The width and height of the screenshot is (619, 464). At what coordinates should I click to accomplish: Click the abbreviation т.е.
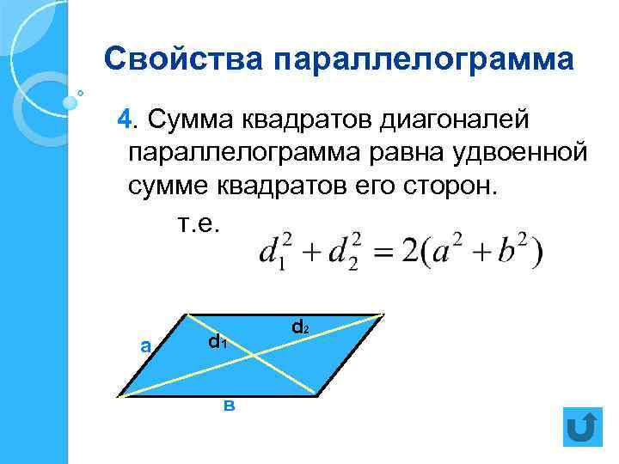coord(199,223)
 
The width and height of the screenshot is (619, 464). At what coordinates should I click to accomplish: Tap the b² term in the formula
coord(514,251)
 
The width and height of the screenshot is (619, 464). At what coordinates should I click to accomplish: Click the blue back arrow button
coord(585,426)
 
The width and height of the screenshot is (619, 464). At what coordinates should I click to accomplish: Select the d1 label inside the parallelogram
coord(217,342)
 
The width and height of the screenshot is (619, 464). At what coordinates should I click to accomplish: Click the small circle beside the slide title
coord(81,92)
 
